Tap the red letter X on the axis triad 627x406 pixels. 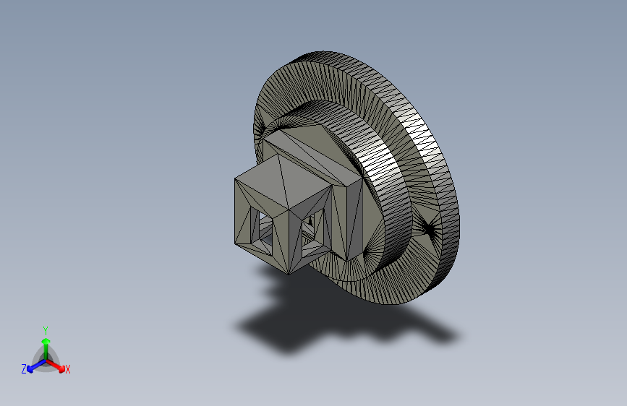click(68, 370)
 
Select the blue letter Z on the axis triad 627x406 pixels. click(24, 369)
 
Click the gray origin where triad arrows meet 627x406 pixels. click(46, 360)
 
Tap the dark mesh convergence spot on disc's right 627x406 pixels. click(430, 230)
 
